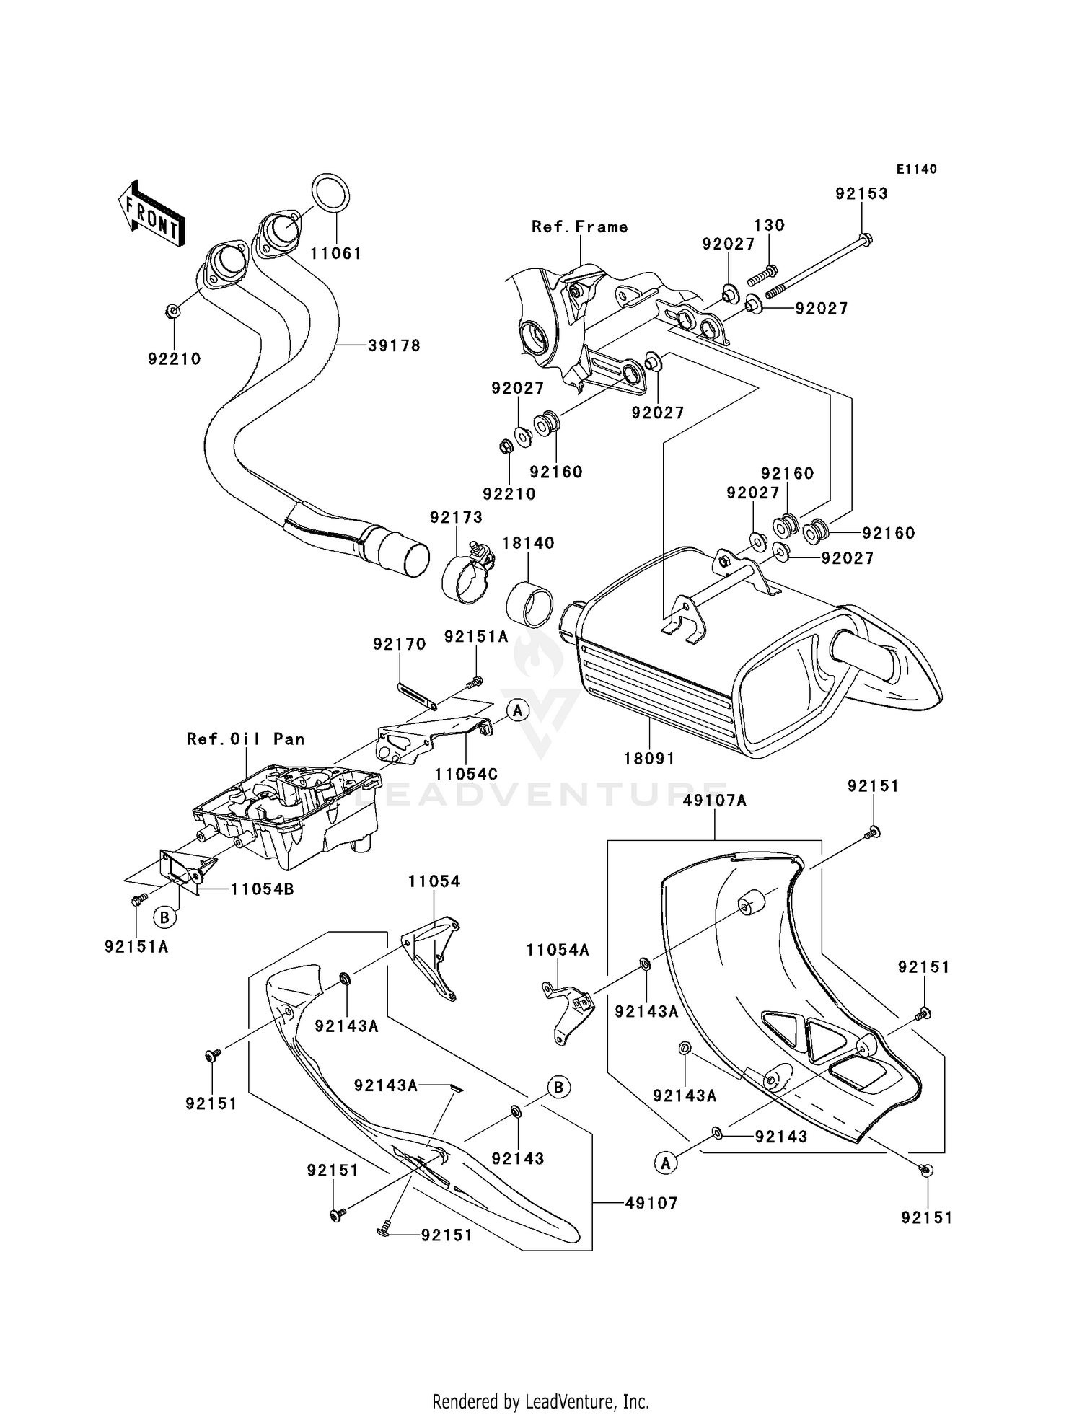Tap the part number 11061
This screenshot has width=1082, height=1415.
click(x=336, y=254)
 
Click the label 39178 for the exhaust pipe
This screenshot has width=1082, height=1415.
click(x=394, y=345)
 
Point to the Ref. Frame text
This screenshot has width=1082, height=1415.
click(x=579, y=227)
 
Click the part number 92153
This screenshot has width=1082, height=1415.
click(x=861, y=194)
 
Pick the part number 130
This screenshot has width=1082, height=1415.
click(x=769, y=225)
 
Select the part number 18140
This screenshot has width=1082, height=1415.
click(x=528, y=543)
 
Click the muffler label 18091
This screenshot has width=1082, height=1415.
click(x=649, y=759)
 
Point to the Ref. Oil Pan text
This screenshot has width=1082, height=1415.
click(x=245, y=739)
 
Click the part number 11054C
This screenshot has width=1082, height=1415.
click(x=466, y=774)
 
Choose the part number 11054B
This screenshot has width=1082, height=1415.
click(x=263, y=889)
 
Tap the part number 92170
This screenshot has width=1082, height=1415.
click(x=400, y=644)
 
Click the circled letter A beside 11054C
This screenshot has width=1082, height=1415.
click(x=517, y=710)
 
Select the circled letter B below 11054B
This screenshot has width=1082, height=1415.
click(x=165, y=917)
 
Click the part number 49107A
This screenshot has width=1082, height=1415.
click(x=715, y=801)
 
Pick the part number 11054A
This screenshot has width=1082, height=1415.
click(x=558, y=951)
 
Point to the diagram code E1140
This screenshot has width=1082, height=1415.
click(x=917, y=169)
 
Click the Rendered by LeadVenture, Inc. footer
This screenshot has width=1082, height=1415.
click(x=540, y=1401)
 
